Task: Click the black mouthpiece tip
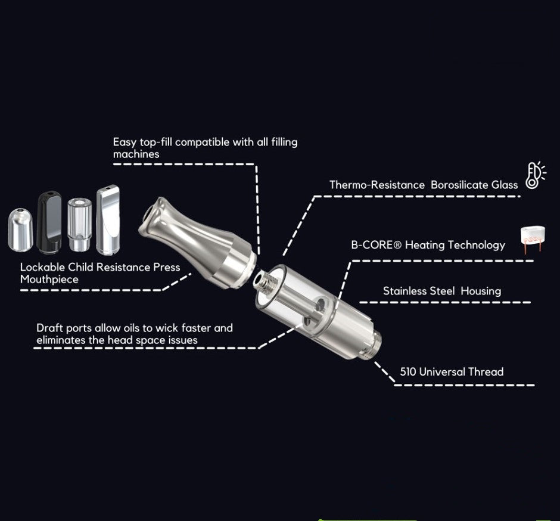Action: point(48,221)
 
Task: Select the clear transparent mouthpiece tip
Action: point(77,224)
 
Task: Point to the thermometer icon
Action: point(534,175)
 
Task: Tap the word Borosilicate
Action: point(459,185)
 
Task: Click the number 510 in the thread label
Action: point(407,372)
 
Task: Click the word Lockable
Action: point(43,267)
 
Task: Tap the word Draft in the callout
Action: point(49,328)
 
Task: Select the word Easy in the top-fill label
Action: point(125,142)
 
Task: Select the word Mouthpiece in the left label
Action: point(49,279)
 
